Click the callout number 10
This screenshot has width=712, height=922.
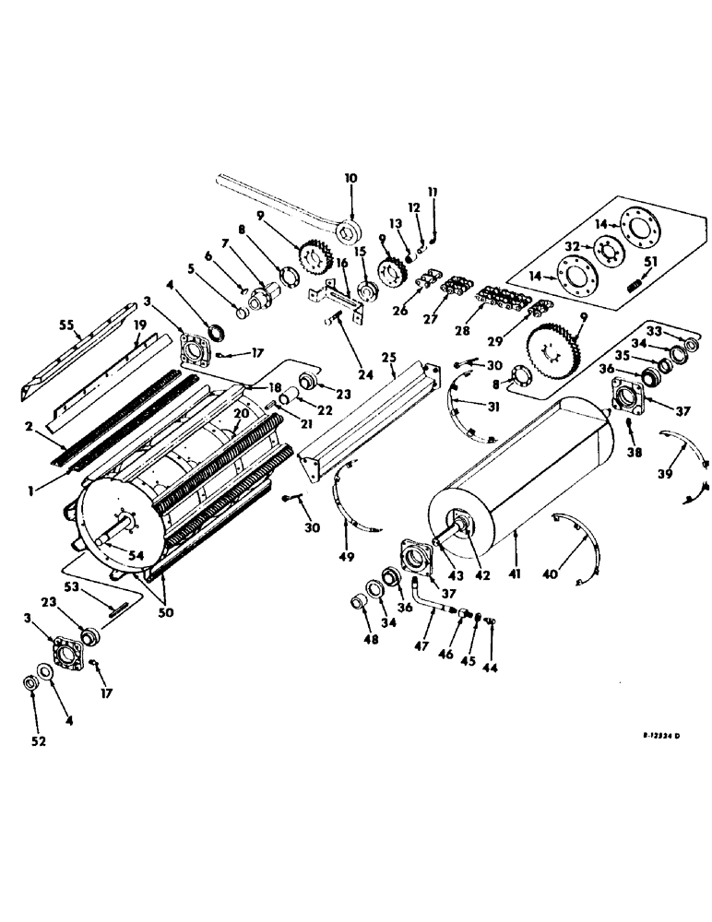tap(350, 177)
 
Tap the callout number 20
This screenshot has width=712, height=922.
tap(239, 414)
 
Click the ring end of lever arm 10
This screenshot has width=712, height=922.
tap(350, 230)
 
